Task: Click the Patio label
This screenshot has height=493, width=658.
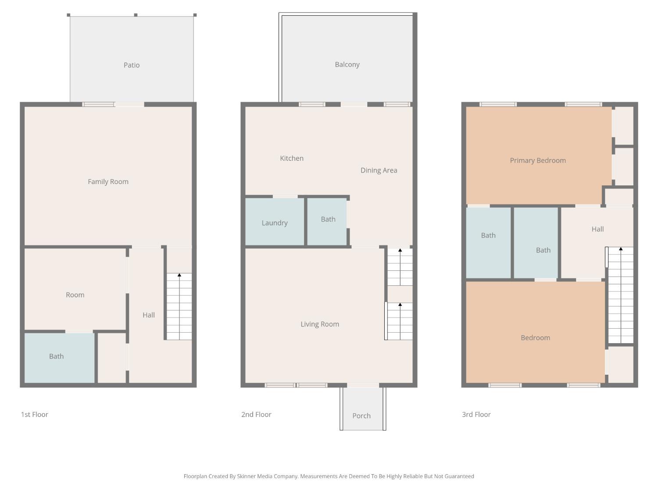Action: coord(132,65)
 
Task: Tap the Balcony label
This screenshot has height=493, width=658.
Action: coord(347,64)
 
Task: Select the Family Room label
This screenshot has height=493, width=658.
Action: coord(108,182)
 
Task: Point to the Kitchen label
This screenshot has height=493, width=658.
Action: coord(292,158)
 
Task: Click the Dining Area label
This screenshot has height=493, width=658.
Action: coord(379,170)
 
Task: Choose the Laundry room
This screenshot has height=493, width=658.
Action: coord(275,222)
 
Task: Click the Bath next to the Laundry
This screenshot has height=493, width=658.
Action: coord(327,222)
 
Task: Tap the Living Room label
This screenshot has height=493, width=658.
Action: coord(320,324)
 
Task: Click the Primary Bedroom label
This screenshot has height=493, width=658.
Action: coord(538,160)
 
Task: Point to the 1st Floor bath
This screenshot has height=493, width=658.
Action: coord(59,358)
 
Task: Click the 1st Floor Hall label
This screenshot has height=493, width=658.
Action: coord(149,315)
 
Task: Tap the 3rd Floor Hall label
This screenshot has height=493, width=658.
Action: coord(597,229)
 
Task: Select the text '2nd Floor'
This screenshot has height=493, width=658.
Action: coord(256,414)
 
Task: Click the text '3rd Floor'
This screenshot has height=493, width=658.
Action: coord(476,414)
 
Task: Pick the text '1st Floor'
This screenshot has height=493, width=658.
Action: coord(35,414)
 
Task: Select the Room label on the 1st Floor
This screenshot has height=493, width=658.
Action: coord(75,295)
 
